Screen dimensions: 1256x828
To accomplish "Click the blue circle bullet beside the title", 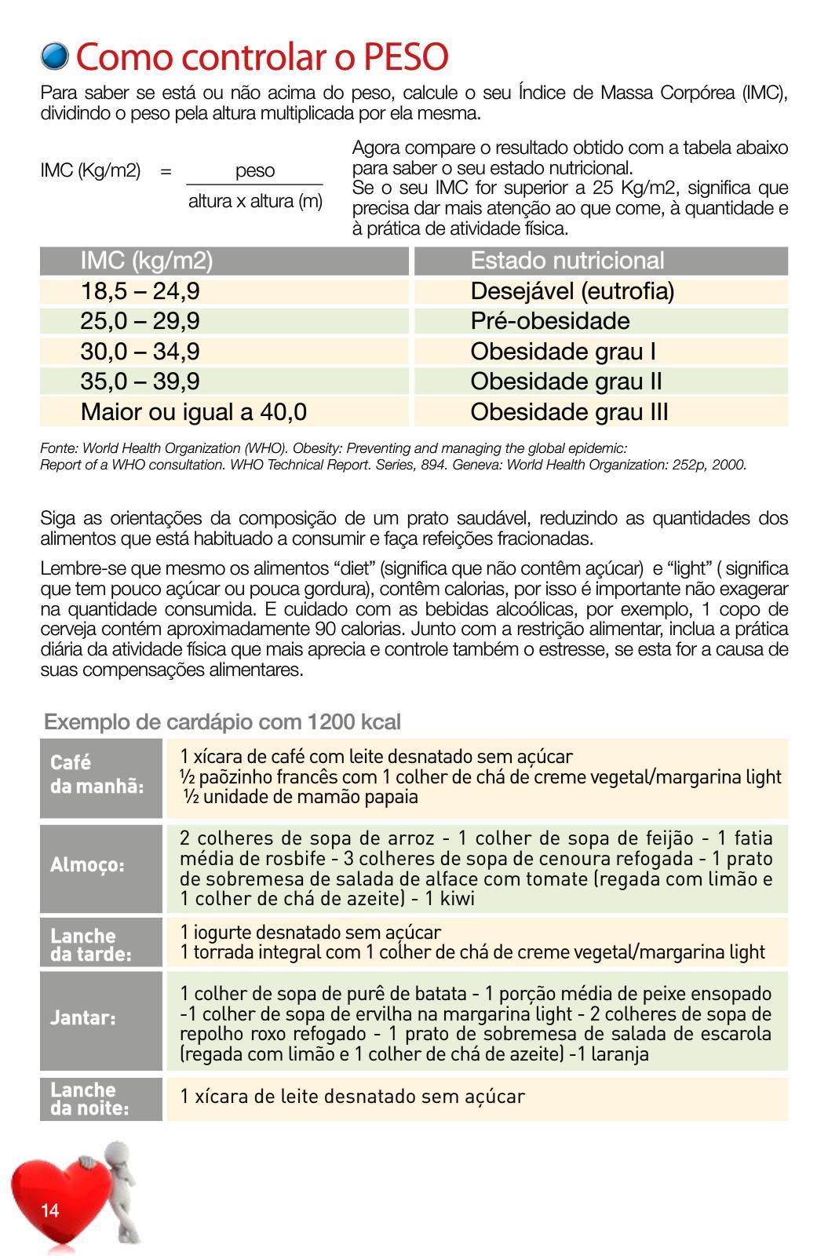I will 54,56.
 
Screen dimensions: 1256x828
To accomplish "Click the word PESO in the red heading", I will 405,57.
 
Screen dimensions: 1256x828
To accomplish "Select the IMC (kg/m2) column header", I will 147,261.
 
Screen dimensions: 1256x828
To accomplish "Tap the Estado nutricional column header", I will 567,261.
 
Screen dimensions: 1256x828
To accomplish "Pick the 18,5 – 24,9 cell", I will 140,291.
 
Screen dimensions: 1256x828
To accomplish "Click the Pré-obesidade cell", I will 549,321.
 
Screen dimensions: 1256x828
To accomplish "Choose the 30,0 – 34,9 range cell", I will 140,351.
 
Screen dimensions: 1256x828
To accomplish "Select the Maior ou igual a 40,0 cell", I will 193,411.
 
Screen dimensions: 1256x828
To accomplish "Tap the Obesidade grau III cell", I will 569,411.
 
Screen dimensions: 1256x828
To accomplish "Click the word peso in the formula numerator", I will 255,170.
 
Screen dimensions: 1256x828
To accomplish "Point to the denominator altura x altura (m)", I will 255,202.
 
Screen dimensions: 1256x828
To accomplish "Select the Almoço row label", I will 87,865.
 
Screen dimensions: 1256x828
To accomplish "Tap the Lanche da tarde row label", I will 91,945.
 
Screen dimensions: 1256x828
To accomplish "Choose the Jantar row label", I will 83,1018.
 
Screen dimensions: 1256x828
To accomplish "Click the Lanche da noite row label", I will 89,1099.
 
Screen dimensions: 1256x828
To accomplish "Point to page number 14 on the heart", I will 50,1210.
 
